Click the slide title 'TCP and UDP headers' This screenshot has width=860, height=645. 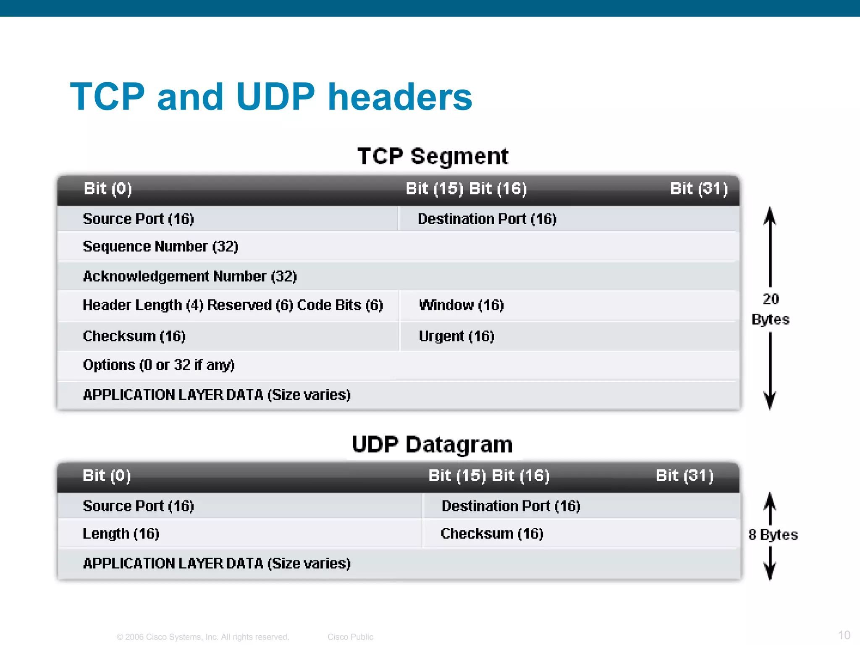[271, 97]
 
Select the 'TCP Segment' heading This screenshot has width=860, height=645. [433, 156]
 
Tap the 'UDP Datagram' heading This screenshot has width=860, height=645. [432, 444]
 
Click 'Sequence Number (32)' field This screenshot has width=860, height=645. [160, 246]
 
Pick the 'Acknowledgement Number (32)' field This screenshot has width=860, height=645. [190, 276]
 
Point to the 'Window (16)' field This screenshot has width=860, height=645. [461, 305]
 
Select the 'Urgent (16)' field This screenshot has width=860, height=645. [456, 336]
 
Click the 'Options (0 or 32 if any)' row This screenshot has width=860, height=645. [159, 365]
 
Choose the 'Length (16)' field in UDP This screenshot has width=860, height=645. [121, 534]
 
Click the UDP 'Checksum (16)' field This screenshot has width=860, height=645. [492, 534]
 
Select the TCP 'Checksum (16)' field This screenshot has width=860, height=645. [134, 336]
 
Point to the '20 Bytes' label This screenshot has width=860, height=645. [770, 309]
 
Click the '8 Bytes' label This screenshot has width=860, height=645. [773, 535]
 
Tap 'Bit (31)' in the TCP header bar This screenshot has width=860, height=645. [699, 189]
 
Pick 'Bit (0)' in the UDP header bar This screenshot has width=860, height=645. [107, 476]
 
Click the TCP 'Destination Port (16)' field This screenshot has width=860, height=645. [487, 219]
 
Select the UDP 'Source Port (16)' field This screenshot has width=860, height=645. [138, 506]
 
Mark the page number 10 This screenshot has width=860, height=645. [844, 635]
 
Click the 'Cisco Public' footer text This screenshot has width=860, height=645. [350, 637]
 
